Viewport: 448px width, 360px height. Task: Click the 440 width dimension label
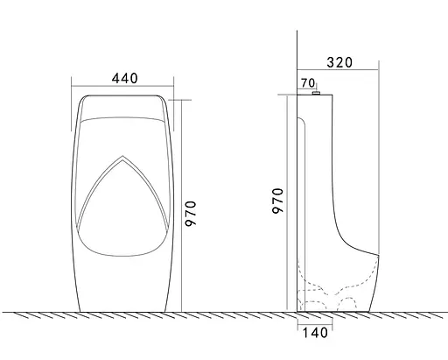pyautogui.click(x=124, y=78)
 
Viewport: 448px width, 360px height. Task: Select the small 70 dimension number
pyautogui.click(x=307, y=83)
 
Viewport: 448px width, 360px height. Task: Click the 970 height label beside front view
pyautogui.click(x=192, y=213)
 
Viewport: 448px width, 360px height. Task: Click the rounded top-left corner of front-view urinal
pyautogui.click(x=81, y=98)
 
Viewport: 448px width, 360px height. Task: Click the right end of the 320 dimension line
pyautogui.click(x=378, y=70)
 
